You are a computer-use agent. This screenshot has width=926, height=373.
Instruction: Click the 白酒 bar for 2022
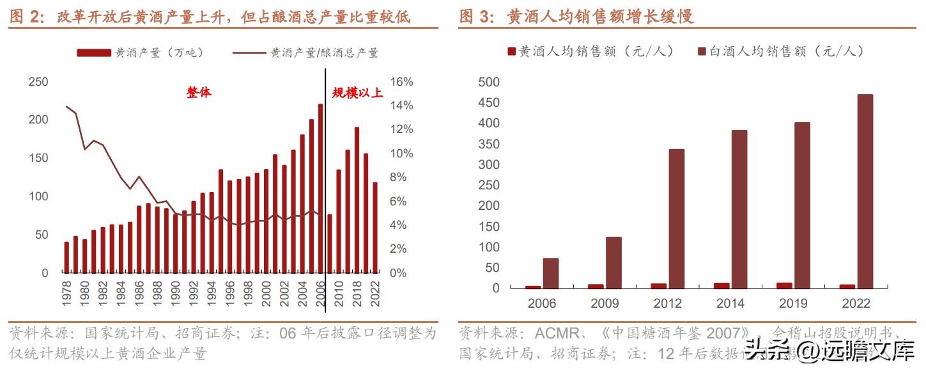(x=865, y=191)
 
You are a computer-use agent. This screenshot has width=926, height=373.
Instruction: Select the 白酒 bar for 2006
(x=550, y=273)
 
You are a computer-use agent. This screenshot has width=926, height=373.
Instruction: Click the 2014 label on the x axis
(x=730, y=303)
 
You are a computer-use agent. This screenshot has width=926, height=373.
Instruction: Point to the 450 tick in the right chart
(x=489, y=103)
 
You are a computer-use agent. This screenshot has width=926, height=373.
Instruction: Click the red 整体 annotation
(x=199, y=93)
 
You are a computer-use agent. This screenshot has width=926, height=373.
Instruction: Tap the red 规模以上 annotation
(x=357, y=93)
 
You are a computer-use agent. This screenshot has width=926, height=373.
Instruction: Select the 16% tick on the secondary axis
(x=401, y=82)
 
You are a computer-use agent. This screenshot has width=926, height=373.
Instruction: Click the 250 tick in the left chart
(x=39, y=82)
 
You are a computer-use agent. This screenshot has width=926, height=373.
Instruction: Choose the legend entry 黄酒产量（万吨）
(x=141, y=53)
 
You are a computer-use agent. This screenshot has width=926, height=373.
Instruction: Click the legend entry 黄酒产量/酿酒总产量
(x=307, y=53)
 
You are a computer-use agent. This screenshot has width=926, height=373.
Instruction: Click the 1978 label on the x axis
(x=66, y=294)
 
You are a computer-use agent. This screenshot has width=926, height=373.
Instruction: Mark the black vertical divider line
(x=326, y=192)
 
